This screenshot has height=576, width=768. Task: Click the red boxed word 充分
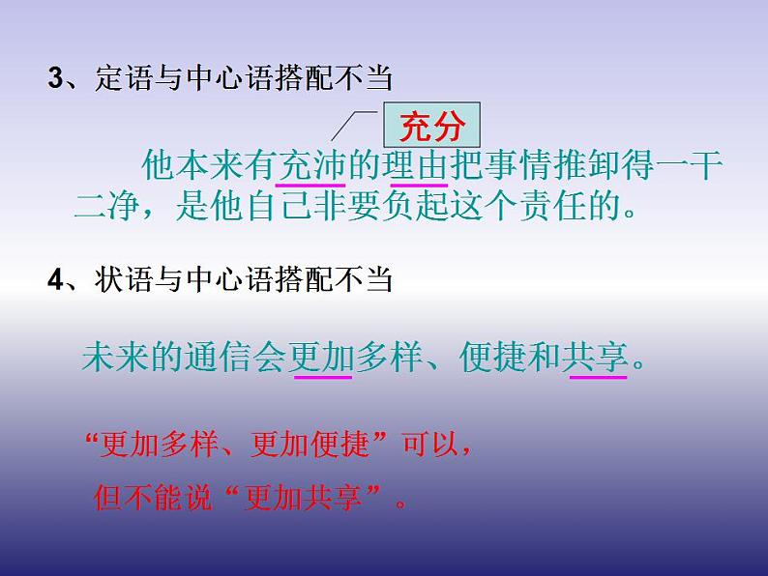pos(432,125)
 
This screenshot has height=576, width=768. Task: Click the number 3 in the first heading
pos(55,78)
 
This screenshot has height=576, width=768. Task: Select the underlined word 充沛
pos(311,165)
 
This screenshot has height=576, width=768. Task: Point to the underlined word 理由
pos(418,165)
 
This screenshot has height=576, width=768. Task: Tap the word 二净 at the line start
pos(107,206)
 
